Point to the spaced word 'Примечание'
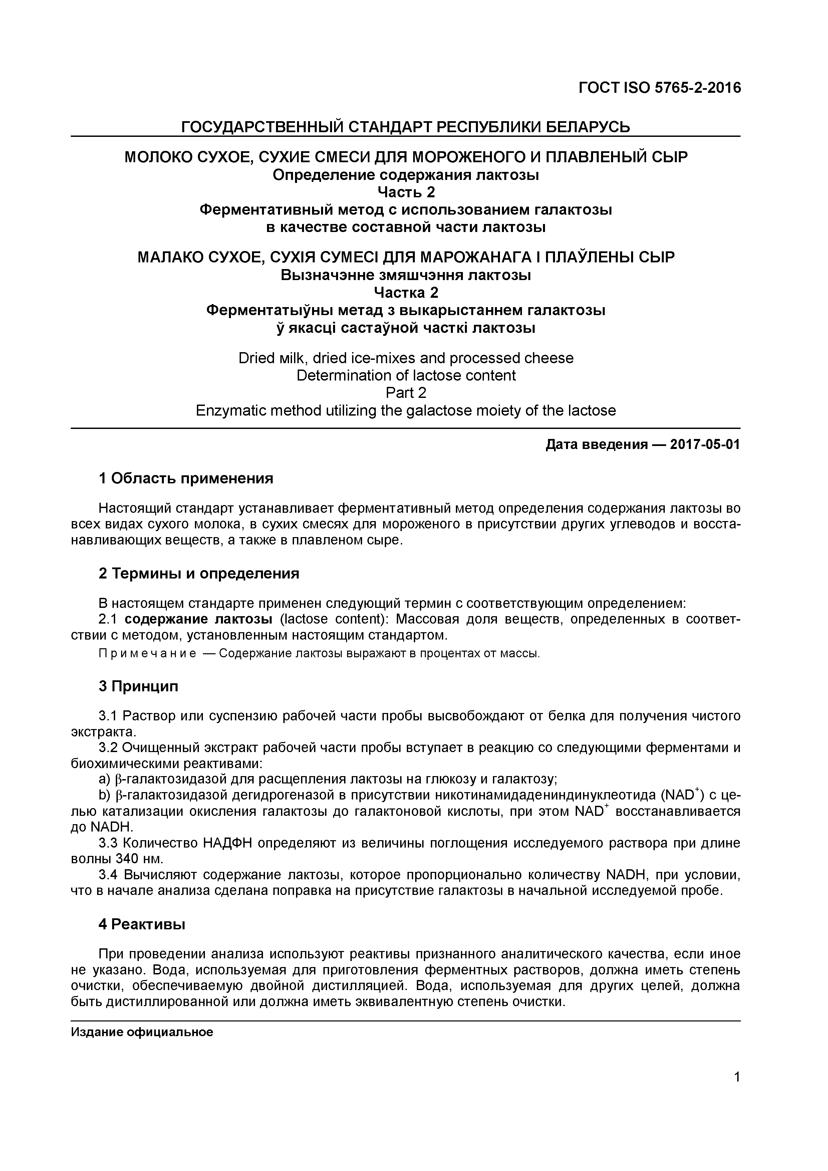coord(148,654)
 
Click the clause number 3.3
coord(107,843)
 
